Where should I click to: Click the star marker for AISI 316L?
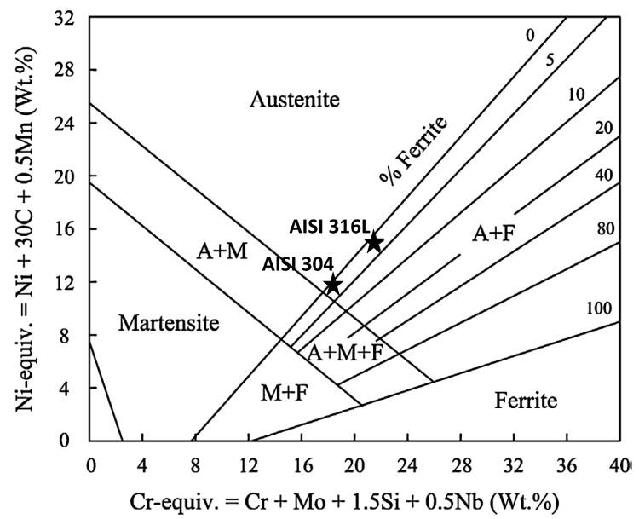373,242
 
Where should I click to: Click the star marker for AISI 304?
332,284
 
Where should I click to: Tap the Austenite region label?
294,100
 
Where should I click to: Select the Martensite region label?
169,323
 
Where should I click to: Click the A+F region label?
493,233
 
